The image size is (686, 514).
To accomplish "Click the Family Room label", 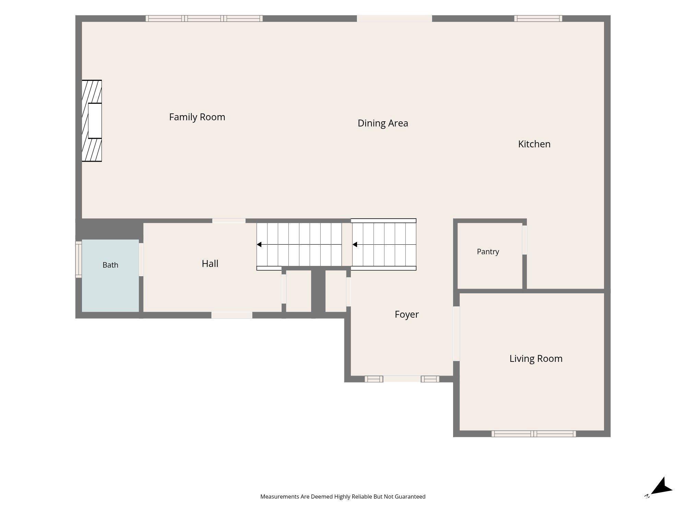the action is tap(197, 117).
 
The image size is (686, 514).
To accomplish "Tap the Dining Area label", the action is tap(383, 123).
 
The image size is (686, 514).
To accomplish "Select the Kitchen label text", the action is tap(534, 144).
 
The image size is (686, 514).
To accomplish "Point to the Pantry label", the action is tap(488, 252).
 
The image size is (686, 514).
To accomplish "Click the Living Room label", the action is tap(536, 359).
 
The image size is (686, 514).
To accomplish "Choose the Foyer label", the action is tap(407, 315).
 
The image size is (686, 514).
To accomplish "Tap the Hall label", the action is tap(210, 264).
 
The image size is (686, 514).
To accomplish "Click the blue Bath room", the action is tap(110, 276).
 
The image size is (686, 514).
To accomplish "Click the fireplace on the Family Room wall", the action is tap(92, 121).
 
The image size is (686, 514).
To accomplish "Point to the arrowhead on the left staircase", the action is tap(259, 244).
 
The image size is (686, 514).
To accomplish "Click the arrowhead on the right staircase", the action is tap(355, 244).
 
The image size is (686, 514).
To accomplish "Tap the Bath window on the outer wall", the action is tap(79, 259).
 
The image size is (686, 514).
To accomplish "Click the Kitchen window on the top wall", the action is tap(538, 19).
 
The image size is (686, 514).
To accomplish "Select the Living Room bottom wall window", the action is tap(534, 434).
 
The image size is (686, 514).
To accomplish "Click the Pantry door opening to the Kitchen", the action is tap(524, 240).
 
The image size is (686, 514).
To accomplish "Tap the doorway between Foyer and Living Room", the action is tap(456, 333).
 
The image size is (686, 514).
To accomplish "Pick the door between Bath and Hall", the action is tap(141, 259).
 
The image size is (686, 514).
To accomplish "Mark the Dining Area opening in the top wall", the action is tap(394, 19).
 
